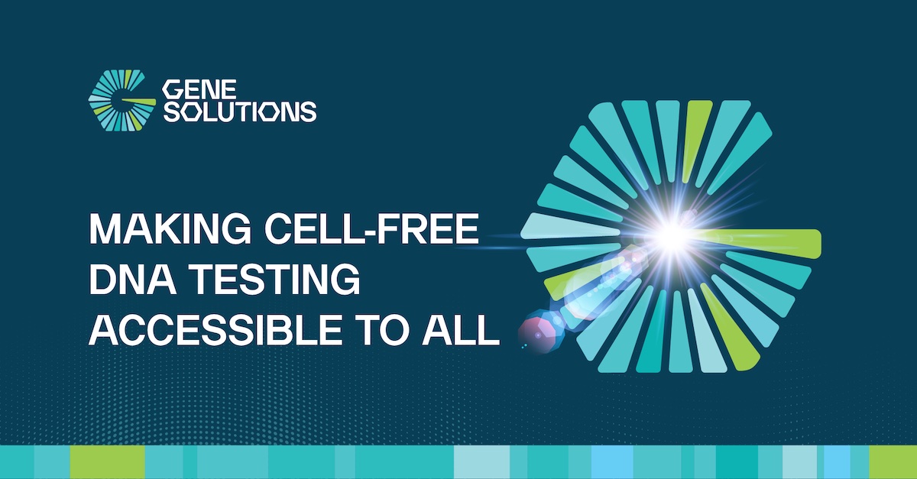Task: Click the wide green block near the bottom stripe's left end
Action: (x=107, y=461)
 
